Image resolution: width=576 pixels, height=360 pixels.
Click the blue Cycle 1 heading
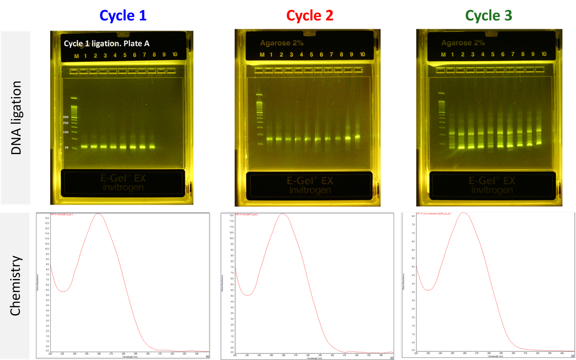(123, 16)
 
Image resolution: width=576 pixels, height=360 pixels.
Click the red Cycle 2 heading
(310, 16)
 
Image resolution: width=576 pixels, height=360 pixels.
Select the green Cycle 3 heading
(489, 16)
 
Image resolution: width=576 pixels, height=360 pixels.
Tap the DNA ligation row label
(16, 118)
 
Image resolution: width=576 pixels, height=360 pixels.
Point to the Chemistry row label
(16, 286)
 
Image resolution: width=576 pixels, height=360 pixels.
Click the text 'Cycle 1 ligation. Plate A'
(106, 43)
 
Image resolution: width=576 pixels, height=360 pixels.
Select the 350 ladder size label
(65, 117)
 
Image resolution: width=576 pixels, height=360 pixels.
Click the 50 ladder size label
(66, 147)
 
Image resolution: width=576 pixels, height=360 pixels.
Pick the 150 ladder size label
(65, 132)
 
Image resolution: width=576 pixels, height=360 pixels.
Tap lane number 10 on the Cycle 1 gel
(175, 55)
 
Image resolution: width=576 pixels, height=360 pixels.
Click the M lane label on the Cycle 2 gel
(262, 55)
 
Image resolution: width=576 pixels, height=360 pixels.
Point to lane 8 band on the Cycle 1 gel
(152, 147)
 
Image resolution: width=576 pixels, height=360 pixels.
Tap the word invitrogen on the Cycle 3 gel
(492, 190)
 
